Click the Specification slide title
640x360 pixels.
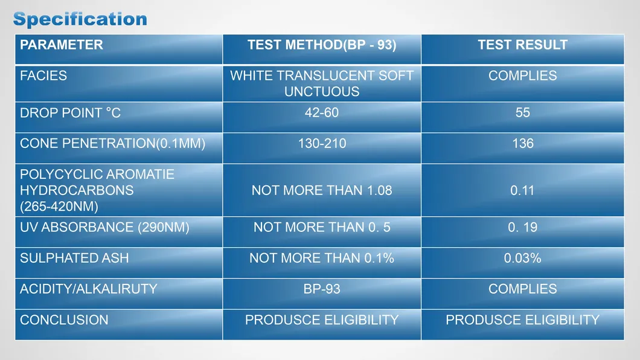click(x=80, y=19)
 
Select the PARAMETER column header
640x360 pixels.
click(x=61, y=45)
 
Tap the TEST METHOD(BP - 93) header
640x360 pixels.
click(x=322, y=45)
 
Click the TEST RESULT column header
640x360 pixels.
click(x=522, y=45)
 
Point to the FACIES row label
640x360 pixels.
click(x=43, y=76)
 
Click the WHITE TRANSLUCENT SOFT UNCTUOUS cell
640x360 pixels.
click(x=322, y=83)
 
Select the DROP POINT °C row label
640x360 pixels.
click(x=70, y=113)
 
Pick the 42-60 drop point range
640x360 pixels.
click(x=322, y=112)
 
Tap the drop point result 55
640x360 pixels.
click(x=522, y=112)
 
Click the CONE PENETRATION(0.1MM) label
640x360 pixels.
click(x=113, y=143)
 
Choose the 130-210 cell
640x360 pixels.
click(x=322, y=143)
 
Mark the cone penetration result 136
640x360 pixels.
click(x=523, y=143)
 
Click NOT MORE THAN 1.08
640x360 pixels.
click(x=322, y=190)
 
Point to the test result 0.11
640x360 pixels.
click(x=522, y=190)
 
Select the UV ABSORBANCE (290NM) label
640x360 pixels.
click(x=104, y=227)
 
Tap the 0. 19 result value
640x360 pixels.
click(x=522, y=227)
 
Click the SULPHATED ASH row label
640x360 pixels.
click(x=74, y=258)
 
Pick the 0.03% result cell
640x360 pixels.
click(x=522, y=258)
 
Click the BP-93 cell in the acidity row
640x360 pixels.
click(x=322, y=289)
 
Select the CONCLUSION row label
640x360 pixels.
click(x=64, y=320)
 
